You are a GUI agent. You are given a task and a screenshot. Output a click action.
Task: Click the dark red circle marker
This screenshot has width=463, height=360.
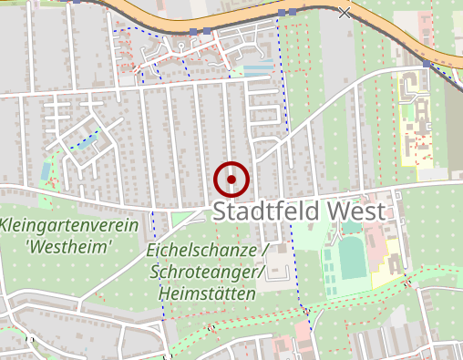click(232, 180)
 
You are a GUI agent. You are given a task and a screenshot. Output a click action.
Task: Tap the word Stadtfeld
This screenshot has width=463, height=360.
click(265, 211)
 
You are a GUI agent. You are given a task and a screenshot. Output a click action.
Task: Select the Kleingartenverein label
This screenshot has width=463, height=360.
click(68, 226)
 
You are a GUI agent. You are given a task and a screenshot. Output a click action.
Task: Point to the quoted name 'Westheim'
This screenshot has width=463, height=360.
click(68, 246)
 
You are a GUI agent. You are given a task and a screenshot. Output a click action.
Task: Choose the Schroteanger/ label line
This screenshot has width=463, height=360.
click(207, 273)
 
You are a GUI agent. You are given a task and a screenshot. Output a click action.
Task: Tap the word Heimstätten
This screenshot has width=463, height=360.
click(207, 294)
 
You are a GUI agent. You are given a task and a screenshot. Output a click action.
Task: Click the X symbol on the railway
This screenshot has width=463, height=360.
click(344, 13)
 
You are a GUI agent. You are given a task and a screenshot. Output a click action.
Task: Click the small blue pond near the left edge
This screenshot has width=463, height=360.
click(45, 171)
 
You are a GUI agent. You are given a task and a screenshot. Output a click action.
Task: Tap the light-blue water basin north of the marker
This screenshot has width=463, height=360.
click(258, 69)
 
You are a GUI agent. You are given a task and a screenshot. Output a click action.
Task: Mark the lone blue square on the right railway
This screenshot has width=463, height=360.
click(427, 65)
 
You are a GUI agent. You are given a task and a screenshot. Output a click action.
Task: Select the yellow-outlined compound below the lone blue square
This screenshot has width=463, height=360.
click(415, 123)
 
